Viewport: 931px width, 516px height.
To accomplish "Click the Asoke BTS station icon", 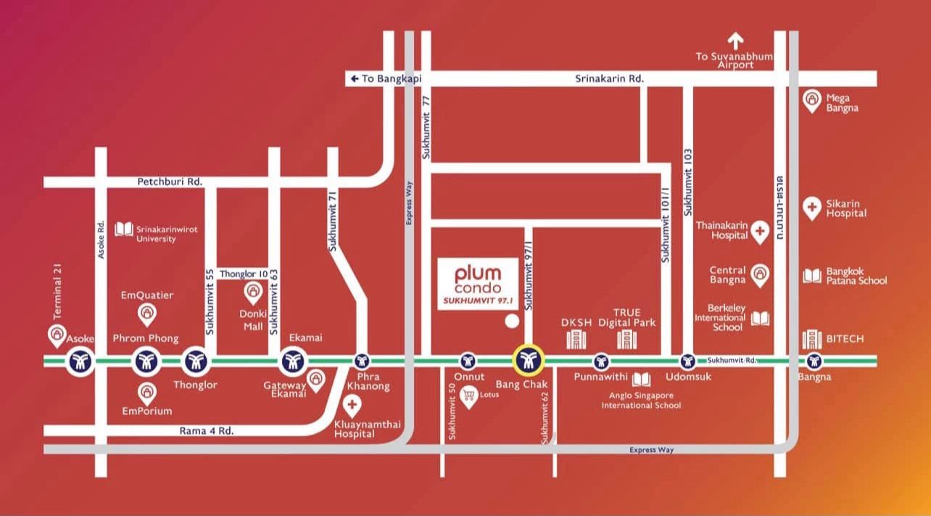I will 80,361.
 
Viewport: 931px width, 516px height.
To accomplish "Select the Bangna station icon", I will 814,361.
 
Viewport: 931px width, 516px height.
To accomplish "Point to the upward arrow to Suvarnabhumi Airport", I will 736,41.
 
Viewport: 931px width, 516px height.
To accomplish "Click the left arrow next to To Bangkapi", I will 354,78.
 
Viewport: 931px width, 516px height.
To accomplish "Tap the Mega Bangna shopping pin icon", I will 812,101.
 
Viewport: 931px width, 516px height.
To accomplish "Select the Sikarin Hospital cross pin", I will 812,208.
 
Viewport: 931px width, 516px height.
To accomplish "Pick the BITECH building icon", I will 811,339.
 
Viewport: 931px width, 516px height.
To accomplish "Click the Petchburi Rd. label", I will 170,181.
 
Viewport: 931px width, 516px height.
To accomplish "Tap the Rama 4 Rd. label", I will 206,430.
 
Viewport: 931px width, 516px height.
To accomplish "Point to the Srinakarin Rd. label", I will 610,78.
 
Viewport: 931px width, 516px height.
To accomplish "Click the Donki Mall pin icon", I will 252,292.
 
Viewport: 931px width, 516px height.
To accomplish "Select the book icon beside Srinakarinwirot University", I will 124,229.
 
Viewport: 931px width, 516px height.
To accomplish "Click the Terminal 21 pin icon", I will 57,335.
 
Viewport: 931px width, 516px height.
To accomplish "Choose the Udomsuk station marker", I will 687,361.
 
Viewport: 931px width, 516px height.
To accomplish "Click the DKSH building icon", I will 575,338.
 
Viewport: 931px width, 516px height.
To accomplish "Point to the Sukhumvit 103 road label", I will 688,181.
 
